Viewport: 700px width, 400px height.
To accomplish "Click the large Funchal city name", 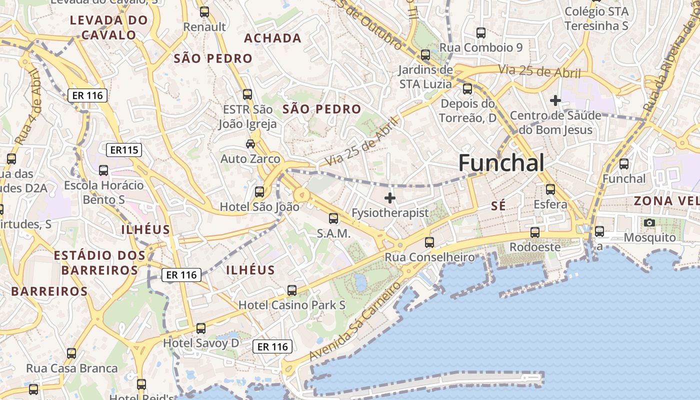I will point(501,163).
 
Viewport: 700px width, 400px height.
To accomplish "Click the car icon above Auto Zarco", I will point(250,144).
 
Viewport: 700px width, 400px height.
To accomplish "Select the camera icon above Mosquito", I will point(649,222).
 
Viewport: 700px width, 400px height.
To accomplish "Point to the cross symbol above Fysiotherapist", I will point(389,198).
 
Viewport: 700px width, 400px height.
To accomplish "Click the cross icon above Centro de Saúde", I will point(555,100).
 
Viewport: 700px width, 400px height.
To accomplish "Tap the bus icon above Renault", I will point(204,12).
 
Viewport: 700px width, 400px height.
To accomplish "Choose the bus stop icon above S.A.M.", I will point(333,218).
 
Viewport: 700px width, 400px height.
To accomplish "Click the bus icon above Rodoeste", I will point(535,232).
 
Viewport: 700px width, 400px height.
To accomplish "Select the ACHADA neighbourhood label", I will point(272,38).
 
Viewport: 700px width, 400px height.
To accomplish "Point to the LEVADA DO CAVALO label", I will point(109,27).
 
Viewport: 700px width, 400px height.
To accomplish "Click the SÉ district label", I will point(498,205).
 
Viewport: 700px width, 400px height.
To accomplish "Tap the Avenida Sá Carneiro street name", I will point(355,321).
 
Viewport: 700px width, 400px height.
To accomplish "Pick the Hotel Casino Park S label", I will point(292,304).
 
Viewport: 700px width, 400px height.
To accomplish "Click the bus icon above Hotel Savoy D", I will point(201,328).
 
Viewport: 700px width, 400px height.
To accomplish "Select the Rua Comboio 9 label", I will point(481,47).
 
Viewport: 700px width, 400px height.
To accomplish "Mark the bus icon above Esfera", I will point(550,189).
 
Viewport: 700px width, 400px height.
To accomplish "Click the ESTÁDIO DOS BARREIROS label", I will point(99,262).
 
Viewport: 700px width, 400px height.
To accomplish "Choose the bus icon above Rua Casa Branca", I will point(71,353).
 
